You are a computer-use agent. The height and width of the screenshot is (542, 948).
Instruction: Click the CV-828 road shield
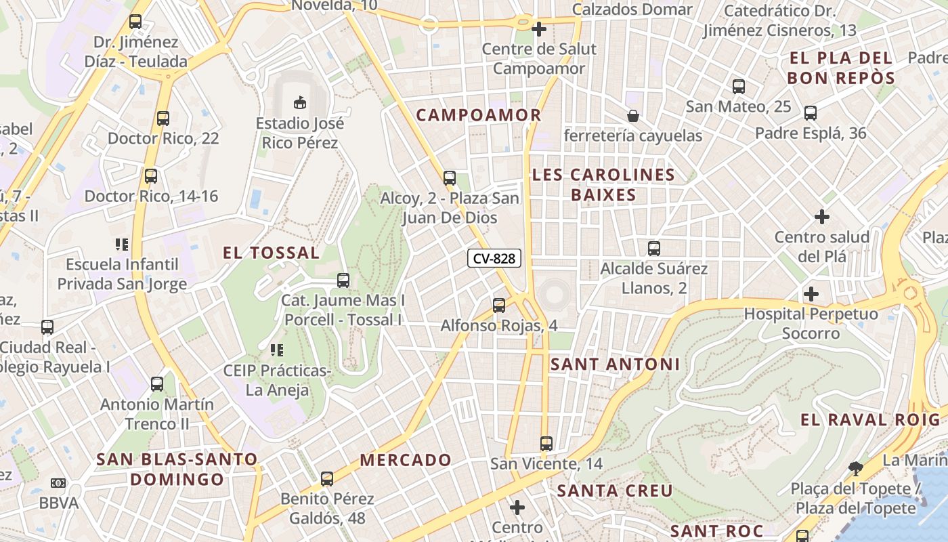pyautogui.click(x=494, y=258)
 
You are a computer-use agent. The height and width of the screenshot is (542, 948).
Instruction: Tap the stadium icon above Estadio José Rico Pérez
pyautogui.click(x=299, y=102)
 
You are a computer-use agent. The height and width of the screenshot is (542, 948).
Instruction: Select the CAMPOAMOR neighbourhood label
pyautogui.click(x=479, y=115)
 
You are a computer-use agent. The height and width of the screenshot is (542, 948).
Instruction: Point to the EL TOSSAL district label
pyautogui.click(x=271, y=253)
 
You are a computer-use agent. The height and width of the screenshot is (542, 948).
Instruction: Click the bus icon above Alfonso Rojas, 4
pyautogui.click(x=499, y=306)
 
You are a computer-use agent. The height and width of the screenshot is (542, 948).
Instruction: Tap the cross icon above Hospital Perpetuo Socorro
pyautogui.click(x=811, y=294)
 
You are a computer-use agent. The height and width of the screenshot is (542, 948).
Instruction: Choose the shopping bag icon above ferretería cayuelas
pyautogui.click(x=633, y=116)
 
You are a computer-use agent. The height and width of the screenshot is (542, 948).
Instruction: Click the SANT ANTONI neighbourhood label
pyautogui.click(x=615, y=364)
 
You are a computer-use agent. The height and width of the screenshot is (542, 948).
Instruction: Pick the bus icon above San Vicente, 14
pyautogui.click(x=546, y=444)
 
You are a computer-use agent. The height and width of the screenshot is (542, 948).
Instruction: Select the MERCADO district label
pyautogui.click(x=406, y=461)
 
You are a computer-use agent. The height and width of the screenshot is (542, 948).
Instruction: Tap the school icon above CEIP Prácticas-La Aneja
pyautogui.click(x=276, y=350)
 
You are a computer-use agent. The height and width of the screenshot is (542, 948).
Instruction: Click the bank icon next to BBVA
pyautogui.click(x=58, y=483)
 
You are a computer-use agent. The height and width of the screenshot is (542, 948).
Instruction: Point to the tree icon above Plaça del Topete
pyautogui.click(x=856, y=468)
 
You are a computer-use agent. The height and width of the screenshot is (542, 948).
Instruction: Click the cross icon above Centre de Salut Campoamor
pyautogui.click(x=539, y=29)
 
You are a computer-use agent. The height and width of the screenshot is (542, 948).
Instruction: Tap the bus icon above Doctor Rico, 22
pyautogui.click(x=163, y=119)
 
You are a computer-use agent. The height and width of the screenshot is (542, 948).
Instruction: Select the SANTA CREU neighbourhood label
pyautogui.click(x=615, y=491)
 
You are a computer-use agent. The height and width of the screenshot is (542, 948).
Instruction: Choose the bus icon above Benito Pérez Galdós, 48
pyautogui.click(x=327, y=479)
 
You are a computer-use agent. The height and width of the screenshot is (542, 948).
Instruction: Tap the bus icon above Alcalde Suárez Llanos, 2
pyautogui.click(x=653, y=249)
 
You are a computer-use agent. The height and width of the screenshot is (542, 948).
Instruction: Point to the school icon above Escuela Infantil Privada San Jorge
pyautogui.click(x=122, y=244)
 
